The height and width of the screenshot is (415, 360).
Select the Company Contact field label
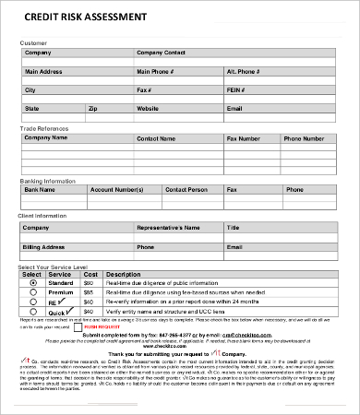[x=162, y=53]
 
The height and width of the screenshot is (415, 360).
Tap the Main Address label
[x=43, y=71]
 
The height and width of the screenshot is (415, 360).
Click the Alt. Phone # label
[x=244, y=71]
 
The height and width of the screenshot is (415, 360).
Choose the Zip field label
[x=92, y=108]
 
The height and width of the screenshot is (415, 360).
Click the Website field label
[x=149, y=108]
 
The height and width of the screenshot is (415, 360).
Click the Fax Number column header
[x=245, y=138]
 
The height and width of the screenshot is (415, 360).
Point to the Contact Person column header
[x=186, y=188]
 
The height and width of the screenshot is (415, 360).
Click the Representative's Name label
[x=168, y=227]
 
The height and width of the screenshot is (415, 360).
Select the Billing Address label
[x=45, y=247]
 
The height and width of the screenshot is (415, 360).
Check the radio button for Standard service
[x=34, y=282]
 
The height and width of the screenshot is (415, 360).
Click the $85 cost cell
[x=89, y=283]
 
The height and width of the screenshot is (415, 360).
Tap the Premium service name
[x=60, y=291]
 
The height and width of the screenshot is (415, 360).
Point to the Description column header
[x=124, y=274]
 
